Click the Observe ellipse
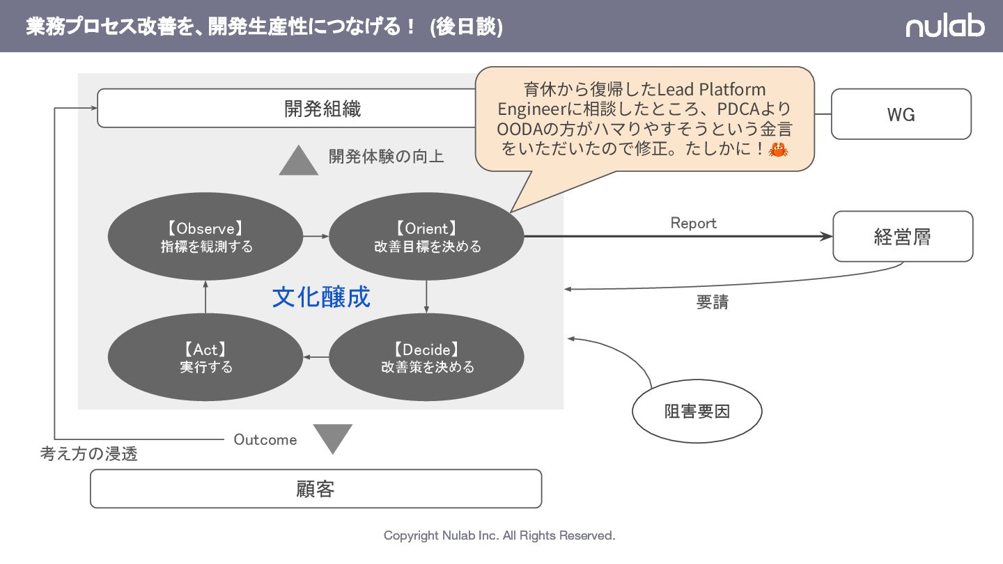click(x=205, y=237)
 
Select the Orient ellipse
click(x=426, y=237)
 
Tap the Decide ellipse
click(x=426, y=357)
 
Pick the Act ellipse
click(x=205, y=357)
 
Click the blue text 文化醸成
click(x=321, y=297)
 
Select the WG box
click(x=901, y=114)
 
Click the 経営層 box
click(x=903, y=237)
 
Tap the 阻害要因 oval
click(x=697, y=412)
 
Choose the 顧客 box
click(x=316, y=489)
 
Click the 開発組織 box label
click(x=322, y=109)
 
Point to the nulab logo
click(x=944, y=26)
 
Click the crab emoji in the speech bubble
click(x=777, y=149)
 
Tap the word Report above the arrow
click(x=693, y=223)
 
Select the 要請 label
click(x=712, y=303)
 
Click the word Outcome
click(x=265, y=439)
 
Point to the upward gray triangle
click(x=299, y=162)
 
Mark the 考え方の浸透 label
click(x=89, y=454)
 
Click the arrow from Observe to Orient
click(x=316, y=237)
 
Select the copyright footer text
click(x=499, y=535)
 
